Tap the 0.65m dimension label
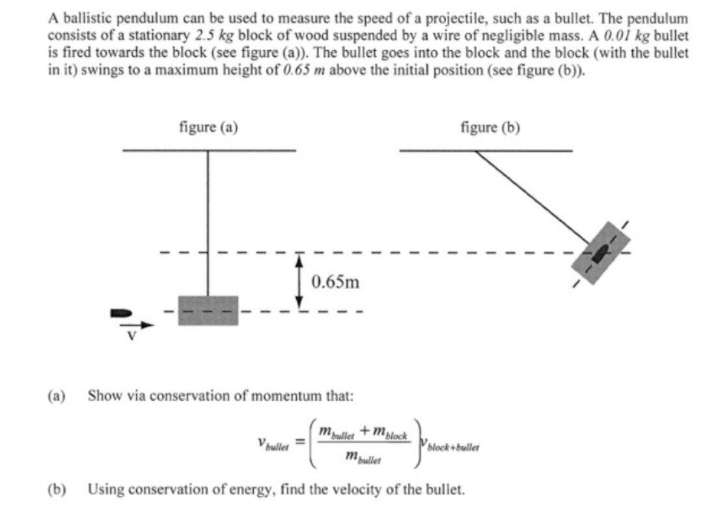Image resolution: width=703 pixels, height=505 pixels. coord(335,282)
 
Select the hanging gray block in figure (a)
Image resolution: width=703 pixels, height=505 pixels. coord(208,310)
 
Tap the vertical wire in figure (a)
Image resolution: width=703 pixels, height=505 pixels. coord(208,222)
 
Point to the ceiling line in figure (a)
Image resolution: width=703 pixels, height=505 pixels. coord(208,151)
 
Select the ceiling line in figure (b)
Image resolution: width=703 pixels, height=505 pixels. coord(486,151)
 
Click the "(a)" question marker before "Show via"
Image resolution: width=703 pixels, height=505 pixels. coord(57,396)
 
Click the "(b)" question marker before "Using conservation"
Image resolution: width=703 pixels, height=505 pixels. coord(57,488)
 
